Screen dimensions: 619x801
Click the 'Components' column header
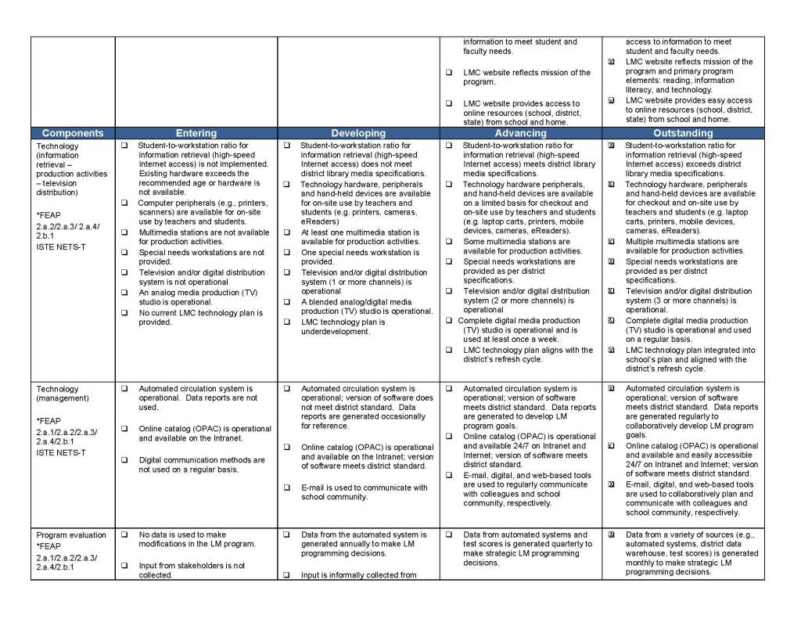(73, 134)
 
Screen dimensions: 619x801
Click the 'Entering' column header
(196, 134)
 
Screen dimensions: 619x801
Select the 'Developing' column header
(358, 134)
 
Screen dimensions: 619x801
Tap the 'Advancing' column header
(521, 134)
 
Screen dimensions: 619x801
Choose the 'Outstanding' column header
(683, 134)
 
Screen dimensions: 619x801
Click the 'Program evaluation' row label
(71, 535)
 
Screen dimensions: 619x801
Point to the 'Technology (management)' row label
(57, 394)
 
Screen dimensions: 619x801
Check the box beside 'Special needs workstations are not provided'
(124, 253)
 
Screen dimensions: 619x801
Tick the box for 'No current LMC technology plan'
(124, 313)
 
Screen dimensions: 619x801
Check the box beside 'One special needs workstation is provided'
(286, 253)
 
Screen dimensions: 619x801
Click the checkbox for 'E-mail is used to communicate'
(286, 488)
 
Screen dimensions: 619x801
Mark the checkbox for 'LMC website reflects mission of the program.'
(449, 73)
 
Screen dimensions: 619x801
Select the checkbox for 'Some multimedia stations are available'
(449, 242)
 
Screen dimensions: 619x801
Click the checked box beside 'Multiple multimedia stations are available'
(611, 242)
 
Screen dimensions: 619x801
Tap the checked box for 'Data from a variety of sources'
(611, 535)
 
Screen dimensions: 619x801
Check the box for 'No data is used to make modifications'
(124, 535)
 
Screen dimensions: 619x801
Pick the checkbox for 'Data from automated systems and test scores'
(449, 535)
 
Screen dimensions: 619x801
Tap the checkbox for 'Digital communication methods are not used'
(124, 460)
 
